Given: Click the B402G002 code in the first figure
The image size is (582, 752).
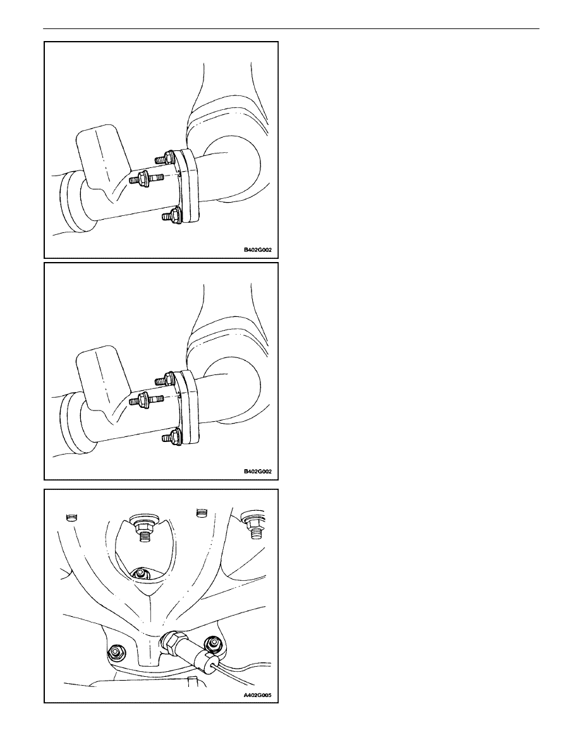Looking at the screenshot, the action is point(258,250).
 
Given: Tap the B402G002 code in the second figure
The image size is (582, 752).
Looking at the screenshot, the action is point(258,472).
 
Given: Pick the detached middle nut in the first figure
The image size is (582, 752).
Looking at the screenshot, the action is point(143,178).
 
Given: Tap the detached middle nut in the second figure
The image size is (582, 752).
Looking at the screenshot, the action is point(143,400).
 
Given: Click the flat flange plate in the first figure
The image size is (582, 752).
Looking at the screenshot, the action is point(188,186).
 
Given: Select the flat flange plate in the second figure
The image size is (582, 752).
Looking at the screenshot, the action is point(188,408).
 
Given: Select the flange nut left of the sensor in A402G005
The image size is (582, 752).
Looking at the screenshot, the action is point(116,651).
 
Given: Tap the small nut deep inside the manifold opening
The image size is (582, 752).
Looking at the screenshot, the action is point(140,573).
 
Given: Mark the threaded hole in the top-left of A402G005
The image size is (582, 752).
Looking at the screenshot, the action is point(71,517).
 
